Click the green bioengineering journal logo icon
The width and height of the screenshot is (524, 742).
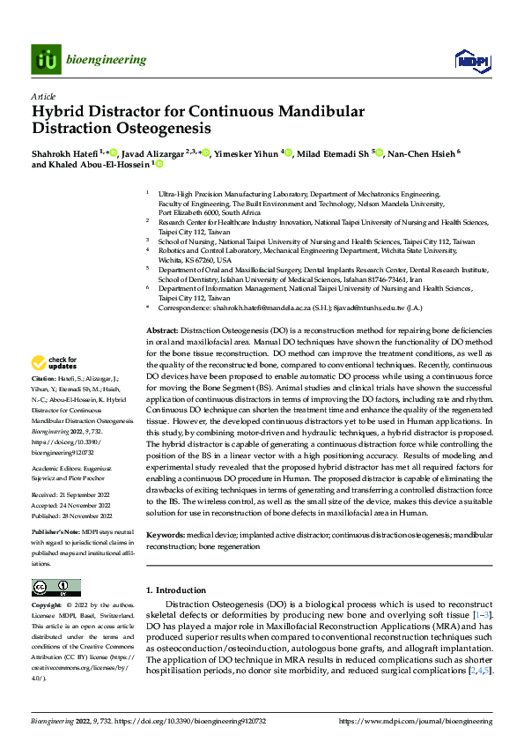pos(44,59)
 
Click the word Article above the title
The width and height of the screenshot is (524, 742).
pos(43,96)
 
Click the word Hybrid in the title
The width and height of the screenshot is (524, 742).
pos(56,112)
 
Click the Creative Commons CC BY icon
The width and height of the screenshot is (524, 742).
pos(56,587)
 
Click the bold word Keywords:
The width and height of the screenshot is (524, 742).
pos(166,535)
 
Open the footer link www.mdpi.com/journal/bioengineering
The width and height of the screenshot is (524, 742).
pos(429,721)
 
